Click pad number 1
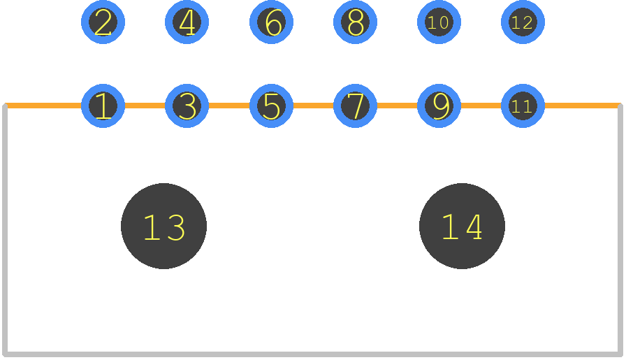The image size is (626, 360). coord(103,106)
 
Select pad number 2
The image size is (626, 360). coord(103,22)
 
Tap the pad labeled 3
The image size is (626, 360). coord(187,106)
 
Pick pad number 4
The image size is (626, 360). coord(187,22)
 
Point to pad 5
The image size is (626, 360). coord(272,106)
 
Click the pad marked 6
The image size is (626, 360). coord(272,22)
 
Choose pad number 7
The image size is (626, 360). coord(356,106)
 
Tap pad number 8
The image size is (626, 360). coord(356,22)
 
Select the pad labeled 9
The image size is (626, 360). coord(439,106)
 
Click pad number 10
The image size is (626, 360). coord(439,22)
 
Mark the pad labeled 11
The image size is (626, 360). coord(523,106)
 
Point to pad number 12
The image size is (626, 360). coord(523,22)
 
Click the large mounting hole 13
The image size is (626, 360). coord(163,226)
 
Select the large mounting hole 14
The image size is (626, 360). coord(462,226)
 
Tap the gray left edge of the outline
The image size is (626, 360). coord(5,230)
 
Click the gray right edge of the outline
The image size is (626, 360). coord(620,230)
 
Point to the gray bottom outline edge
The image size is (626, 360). coord(312,354)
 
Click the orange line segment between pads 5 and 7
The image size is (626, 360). coord(314,106)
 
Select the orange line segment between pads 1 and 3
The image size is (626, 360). coord(145,106)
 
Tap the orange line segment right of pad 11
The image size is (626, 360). coord(582,106)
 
